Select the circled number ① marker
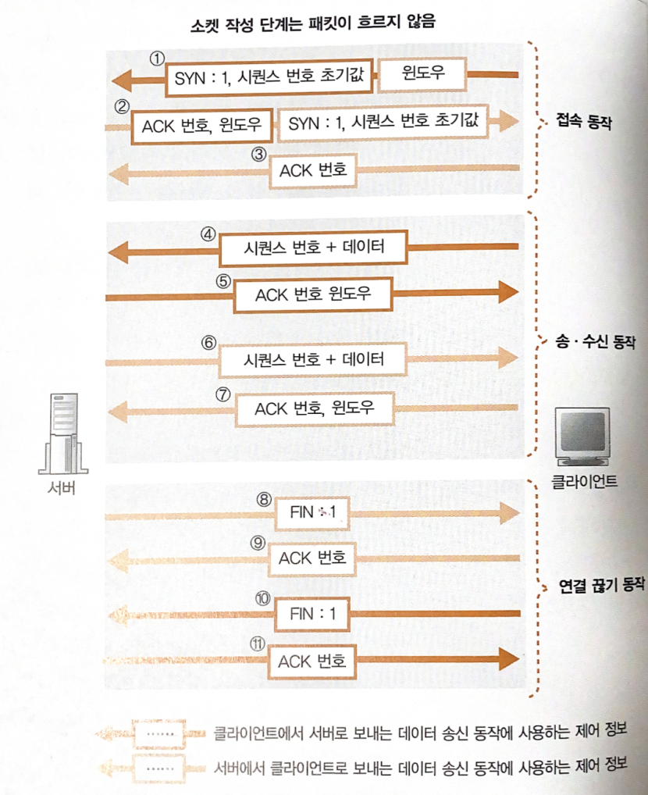[158, 59]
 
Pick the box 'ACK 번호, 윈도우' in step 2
[202, 124]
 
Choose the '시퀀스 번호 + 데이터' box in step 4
[314, 248]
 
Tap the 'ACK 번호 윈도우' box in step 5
[313, 294]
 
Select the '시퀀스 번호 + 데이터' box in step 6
[313, 360]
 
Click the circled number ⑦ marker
[224, 395]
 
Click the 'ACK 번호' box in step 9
[312, 558]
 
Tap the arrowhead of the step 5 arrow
[507, 293]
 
